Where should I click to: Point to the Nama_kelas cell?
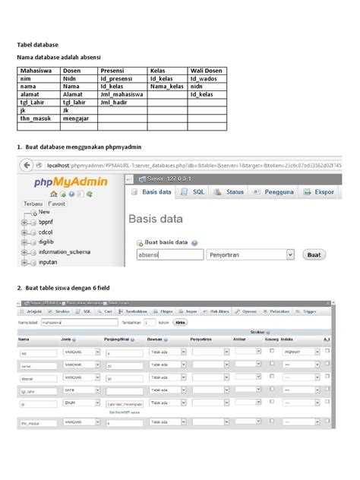coord(166,87)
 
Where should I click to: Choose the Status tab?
coord(230,192)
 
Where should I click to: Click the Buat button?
coord(314,255)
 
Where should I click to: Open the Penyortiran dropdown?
coord(250,255)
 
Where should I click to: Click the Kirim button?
coord(181,322)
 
